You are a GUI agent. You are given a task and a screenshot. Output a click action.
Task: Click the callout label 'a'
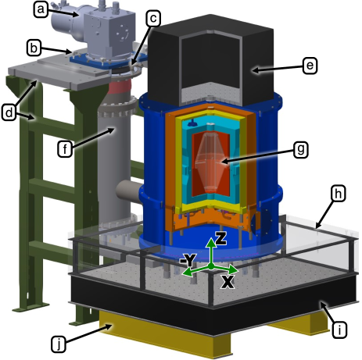click(x=41, y=10)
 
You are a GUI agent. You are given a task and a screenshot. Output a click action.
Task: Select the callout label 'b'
click(x=34, y=48)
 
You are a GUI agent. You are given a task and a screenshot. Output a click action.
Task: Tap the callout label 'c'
click(x=153, y=19)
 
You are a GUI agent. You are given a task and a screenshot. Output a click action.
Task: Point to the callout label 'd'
click(x=9, y=113)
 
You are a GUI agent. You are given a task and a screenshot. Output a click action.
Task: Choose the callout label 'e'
click(x=310, y=66)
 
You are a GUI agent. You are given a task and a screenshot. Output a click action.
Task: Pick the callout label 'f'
click(x=65, y=149)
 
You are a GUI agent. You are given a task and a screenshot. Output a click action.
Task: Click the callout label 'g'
click(x=301, y=150)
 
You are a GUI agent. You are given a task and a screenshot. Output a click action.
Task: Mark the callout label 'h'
click(x=339, y=194)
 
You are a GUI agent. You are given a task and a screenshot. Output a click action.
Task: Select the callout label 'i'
click(x=339, y=330)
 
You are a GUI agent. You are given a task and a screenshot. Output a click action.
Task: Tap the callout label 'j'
click(x=59, y=344)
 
